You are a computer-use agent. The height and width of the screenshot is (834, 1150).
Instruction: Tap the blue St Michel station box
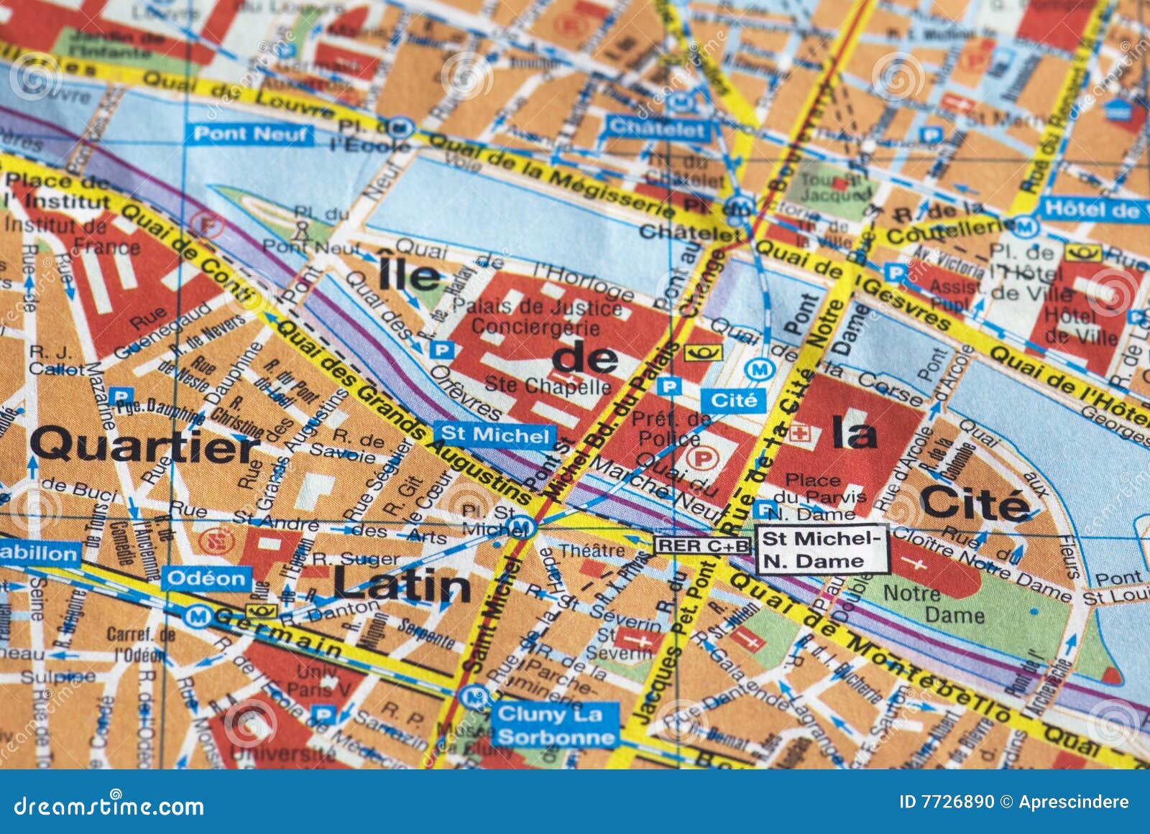click(x=494, y=435)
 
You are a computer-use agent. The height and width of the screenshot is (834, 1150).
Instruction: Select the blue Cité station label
click(x=733, y=400)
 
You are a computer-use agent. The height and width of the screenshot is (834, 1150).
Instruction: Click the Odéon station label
click(x=206, y=578)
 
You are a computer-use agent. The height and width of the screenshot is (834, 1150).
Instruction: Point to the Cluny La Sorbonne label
click(x=556, y=725)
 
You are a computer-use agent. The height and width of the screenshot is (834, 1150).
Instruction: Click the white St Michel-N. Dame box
click(x=822, y=550)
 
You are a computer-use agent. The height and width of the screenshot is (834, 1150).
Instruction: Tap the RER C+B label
click(x=702, y=545)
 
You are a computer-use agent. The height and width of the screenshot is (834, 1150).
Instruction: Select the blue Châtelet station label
click(x=658, y=129)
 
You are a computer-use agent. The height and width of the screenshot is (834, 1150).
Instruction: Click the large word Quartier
click(x=144, y=445)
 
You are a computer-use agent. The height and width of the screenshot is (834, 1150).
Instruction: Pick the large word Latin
click(x=401, y=585)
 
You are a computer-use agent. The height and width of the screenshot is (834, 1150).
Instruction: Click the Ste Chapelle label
click(x=547, y=386)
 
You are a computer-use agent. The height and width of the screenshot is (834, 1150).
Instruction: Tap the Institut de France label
click(x=72, y=236)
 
